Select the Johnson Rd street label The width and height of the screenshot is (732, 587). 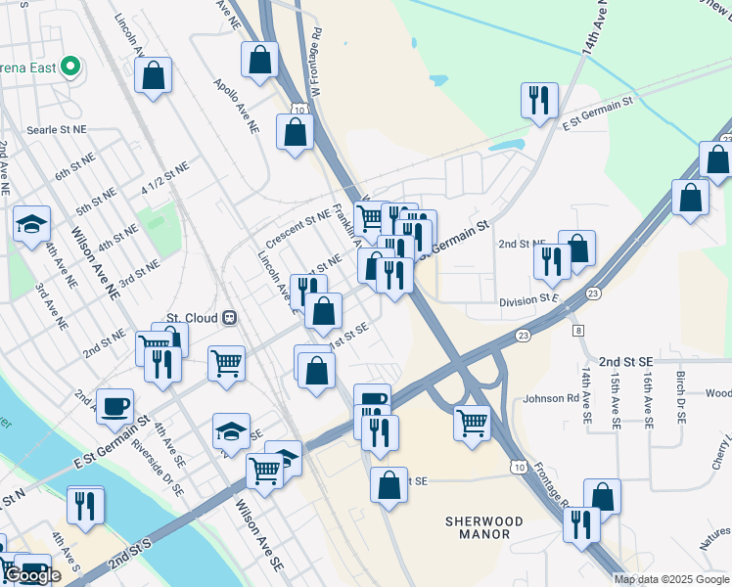551,398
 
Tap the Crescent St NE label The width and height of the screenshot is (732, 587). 299,228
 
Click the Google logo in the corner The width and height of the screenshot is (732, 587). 32,576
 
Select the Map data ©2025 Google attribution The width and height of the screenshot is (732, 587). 671,579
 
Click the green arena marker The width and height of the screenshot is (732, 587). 69,67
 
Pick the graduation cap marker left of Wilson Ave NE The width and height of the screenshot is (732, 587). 31,223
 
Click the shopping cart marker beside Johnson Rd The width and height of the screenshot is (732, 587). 472,423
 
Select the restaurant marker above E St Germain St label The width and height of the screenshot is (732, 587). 538,99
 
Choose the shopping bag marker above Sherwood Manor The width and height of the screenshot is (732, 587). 389,485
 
